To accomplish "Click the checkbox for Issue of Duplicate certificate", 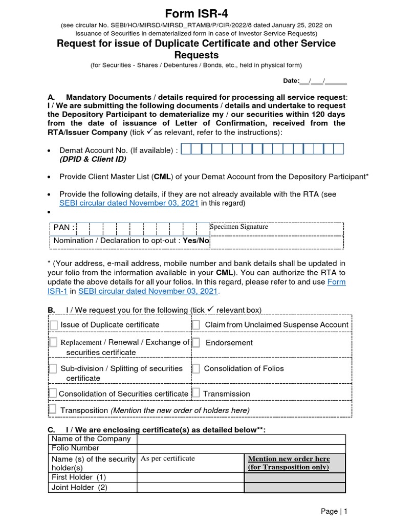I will [x=54, y=325].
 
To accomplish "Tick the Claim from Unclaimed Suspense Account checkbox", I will [x=196, y=325].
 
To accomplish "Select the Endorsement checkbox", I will [x=196, y=342].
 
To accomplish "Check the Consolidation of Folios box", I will [x=196, y=368].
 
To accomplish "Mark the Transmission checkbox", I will [x=196, y=393].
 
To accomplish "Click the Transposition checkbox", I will [x=53, y=409].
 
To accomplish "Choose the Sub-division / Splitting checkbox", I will [x=53, y=368].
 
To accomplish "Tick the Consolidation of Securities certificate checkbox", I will [x=53, y=393].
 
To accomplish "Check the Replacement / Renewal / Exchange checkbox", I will [x=53, y=342].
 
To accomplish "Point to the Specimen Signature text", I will [x=239, y=227].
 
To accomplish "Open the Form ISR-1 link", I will [x=336, y=282].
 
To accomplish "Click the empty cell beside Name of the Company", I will [x=241, y=439].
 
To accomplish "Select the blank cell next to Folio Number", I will [x=241, y=448].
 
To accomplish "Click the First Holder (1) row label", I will [x=79, y=477].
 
